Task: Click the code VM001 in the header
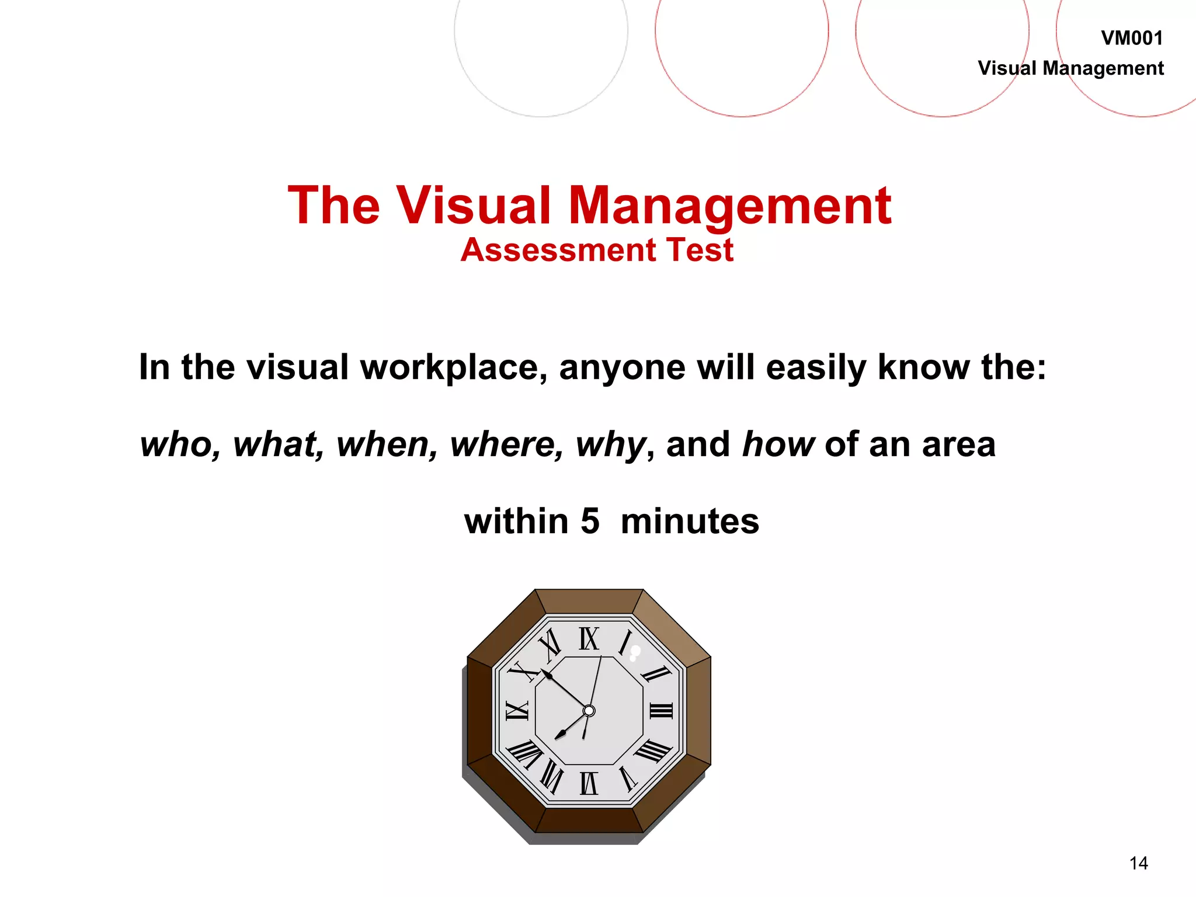(1132, 39)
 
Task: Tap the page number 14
(1138, 863)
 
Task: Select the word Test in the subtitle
(700, 250)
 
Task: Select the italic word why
(611, 446)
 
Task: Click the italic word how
(778, 444)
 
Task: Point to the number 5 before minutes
(590, 521)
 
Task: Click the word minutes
(690, 521)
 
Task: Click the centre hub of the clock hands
(589, 711)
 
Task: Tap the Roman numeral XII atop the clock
(589, 639)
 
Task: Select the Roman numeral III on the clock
(661, 711)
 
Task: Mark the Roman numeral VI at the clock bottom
(589, 783)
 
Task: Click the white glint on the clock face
(635, 652)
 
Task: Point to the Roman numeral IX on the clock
(517, 711)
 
